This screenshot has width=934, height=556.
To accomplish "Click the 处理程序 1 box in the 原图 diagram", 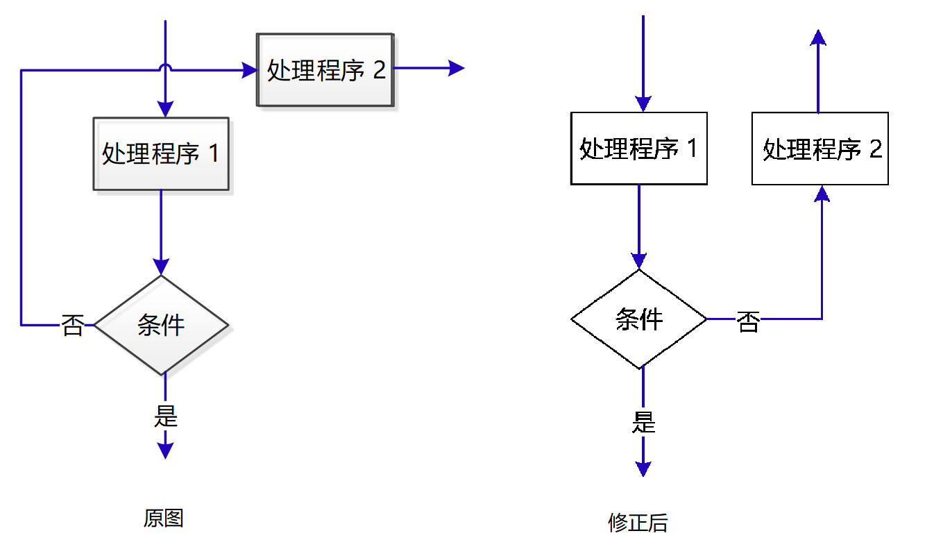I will coord(161,153).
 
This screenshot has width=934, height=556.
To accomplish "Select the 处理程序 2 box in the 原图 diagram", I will coord(325,70).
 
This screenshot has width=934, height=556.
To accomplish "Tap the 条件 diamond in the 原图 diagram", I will coord(161,325).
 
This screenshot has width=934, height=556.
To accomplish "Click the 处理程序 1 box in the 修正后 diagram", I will coord(638,149).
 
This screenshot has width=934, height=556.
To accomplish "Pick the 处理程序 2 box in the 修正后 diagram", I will coord(820,149).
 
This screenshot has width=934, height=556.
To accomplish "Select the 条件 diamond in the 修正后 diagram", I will coord(639,319).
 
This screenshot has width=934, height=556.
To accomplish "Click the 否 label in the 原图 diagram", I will coord(73,325).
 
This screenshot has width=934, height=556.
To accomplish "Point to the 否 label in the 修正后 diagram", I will coord(748,321).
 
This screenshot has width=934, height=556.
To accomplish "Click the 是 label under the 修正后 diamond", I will coord(643,422).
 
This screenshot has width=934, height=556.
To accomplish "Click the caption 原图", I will coord(164,519).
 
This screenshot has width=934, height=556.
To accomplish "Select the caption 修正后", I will coord(638,523).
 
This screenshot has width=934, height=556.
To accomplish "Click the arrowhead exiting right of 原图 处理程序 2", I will coord(457,68).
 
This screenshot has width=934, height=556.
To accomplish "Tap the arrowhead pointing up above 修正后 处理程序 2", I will coord(819,38).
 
